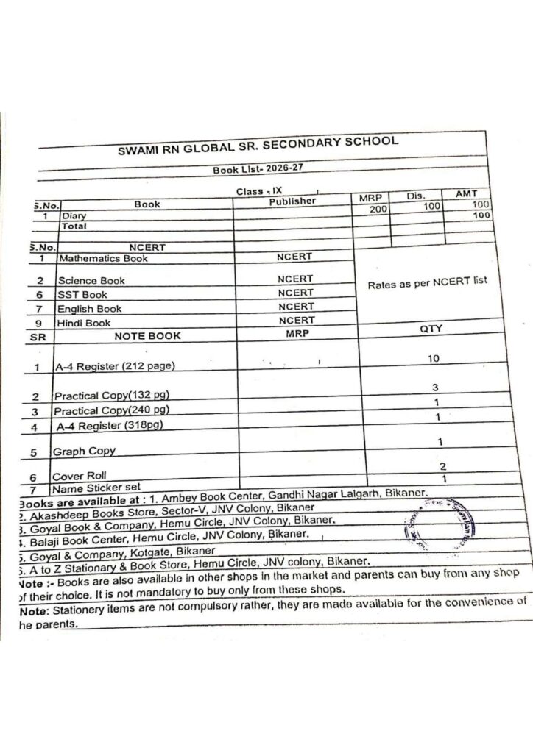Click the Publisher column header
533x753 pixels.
click(x=292, y=201)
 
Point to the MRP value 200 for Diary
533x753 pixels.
click(x=378, y=209)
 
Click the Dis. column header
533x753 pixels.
click(x=417, y=196)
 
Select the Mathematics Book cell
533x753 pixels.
click(x=103, y=259)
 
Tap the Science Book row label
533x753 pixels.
click(x=92, y=280)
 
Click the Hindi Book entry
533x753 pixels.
click(x=85, y=323)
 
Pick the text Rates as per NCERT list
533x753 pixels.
click(x=428, y=282)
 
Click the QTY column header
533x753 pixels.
click(x=431, y=329)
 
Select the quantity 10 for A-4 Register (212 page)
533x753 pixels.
click(x=434, y=358)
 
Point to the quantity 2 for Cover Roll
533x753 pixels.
click(x=442, y=466)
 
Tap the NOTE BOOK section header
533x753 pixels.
click(x=148, y=336)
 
